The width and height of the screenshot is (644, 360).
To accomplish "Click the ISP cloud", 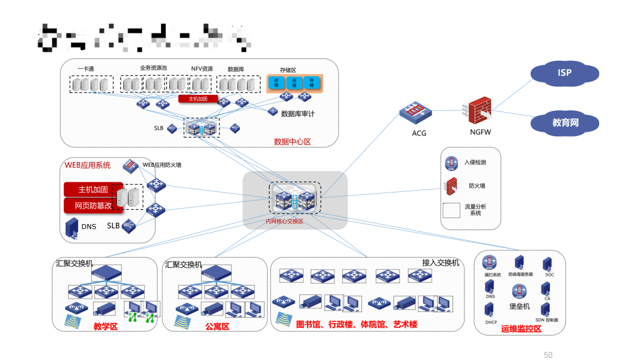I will pyautogui.click(x=565, y=73).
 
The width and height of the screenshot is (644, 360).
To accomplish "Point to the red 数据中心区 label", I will pyautogui.click(x=292, y=142).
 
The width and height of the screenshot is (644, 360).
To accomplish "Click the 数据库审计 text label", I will pyautogui.click(x=298, y=113).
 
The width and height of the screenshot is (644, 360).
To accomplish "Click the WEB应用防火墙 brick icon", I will pyautogui.click(x=131, y=165).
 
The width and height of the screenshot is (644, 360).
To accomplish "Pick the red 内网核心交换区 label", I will pyautogui.click(x=284, y=221).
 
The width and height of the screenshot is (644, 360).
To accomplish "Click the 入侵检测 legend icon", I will pyautogui.click(x=451, y=163).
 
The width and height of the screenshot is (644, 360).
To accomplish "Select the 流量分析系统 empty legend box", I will pyautogui.click(x=451, y=210).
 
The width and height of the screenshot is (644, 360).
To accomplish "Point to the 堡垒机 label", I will pyautogui.click(x=519, y=306).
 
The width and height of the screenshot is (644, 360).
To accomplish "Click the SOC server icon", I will pyautogui.click(x=548, y=263).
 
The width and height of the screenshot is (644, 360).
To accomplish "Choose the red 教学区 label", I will pyautogui.click(x=106, y=326).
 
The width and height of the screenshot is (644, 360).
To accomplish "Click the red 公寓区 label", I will pyautogui.click(x=217, y=326).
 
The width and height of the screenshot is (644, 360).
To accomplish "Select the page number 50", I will pyautogui.click(x=548, y=355).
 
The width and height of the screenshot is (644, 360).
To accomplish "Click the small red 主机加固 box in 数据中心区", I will pyautogui.click(x=198, y=99).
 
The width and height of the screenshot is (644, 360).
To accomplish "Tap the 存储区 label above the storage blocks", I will pyautogui.click(x=288, y=70).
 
